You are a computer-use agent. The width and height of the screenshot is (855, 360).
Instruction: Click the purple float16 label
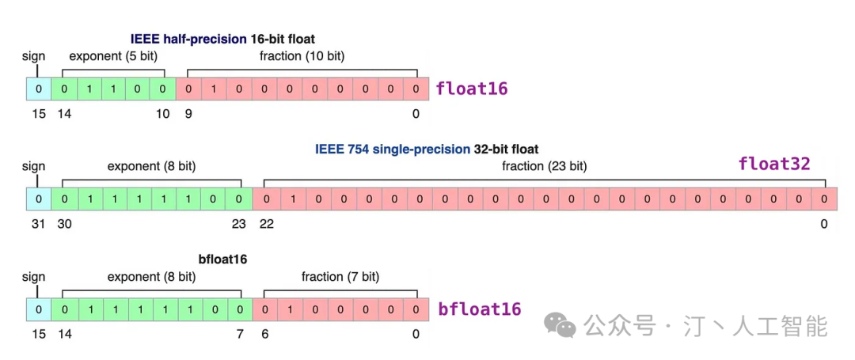(472, 89)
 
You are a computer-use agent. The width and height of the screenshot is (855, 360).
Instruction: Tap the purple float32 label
(774, 164)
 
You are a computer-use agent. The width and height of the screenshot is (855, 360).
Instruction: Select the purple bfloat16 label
(479, 309)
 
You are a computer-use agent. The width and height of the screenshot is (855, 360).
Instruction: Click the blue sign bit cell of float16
(38, 89)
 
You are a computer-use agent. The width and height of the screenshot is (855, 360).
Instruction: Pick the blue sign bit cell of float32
(38, 199)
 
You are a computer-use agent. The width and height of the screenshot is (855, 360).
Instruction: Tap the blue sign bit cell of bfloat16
(38, 309)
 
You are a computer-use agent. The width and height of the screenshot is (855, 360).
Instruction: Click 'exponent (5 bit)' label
(113, 55)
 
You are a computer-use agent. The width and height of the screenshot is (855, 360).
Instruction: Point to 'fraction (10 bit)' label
(302, 55)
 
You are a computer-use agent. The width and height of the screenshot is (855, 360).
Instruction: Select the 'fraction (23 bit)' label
(544, 167)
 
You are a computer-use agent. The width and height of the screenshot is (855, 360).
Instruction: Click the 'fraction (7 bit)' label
(340, 277)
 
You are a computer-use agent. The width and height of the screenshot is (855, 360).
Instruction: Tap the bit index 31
(38, 224)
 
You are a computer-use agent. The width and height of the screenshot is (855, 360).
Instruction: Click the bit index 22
(267, 224)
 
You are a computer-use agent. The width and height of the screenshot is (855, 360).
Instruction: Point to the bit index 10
(163, 113)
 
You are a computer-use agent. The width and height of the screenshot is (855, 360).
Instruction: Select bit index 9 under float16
(188, 113)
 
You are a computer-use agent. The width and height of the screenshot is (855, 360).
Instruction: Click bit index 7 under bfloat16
(240, 334)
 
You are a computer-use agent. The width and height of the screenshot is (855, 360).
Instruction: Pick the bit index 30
(64, 224)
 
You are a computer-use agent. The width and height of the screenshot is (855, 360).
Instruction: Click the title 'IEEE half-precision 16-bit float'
(222, 40)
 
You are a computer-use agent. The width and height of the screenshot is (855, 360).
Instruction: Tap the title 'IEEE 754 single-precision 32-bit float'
(427, 149)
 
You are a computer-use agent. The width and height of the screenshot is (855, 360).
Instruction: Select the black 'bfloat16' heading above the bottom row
(222, 260)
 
